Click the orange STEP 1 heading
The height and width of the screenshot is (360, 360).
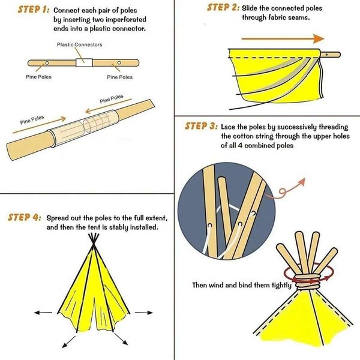(26, 10)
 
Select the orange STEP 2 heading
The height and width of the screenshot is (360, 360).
(222, 8)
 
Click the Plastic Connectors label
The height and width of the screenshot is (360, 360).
(80, 44)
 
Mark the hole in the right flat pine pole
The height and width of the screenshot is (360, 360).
(119, 62)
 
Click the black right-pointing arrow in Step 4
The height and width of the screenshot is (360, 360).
(141, 313)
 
